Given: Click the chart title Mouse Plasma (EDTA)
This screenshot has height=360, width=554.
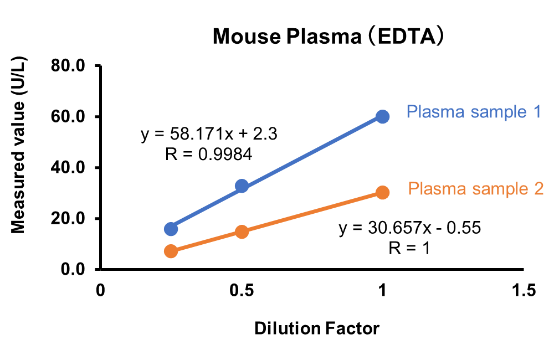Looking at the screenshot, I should coord(330,37).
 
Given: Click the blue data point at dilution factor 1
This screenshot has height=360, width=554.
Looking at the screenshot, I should coord(382,116).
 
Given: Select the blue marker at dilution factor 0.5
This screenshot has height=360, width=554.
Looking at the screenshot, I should coord(242,186).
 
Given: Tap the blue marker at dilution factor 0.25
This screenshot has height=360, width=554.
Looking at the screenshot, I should coord(171,228).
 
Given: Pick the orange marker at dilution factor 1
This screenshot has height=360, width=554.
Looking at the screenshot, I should coord(382,192).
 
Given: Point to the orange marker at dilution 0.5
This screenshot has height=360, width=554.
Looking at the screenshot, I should coord(242,232).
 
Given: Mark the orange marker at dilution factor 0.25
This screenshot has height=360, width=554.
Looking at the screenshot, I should coord(171,251).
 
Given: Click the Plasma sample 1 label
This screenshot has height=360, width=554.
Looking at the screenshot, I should coord(474,112).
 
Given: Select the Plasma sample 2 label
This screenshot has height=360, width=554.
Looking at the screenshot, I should coord(476,189).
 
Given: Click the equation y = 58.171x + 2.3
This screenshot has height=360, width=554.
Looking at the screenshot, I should coord(209,135).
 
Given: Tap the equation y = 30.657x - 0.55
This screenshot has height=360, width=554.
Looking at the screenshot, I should coord(409,228).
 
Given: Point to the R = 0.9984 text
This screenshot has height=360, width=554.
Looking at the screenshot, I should coord(209,154).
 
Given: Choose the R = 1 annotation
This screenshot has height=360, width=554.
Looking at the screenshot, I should coord(409,248).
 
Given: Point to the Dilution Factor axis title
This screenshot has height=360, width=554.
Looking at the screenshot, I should coord(317,328).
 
